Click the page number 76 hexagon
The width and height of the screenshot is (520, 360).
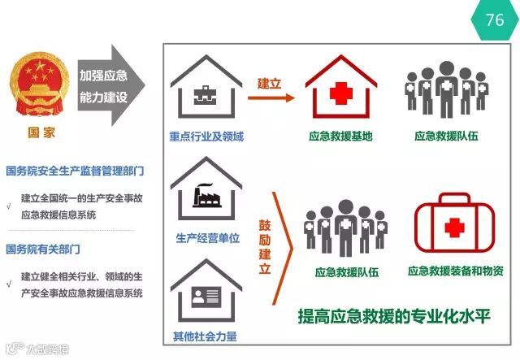(x=494, y=20)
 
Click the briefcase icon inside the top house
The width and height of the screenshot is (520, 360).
(x=202, y=96)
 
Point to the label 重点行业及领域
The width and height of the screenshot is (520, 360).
(x=206, y=136)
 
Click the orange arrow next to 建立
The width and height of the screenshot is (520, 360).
(x=271, y=98)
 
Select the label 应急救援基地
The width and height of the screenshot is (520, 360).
(x=340, y=136)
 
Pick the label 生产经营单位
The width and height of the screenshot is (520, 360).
(x=206, y=239)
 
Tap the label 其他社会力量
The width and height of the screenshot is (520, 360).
(x=205, y=336)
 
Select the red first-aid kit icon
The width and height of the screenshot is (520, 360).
(x=453, y=227)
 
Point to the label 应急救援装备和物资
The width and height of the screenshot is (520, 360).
(x=455, y=271)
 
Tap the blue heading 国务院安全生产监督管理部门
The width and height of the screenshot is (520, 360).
(x=75, y=171)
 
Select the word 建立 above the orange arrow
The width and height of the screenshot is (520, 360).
(x=269, y=83)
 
